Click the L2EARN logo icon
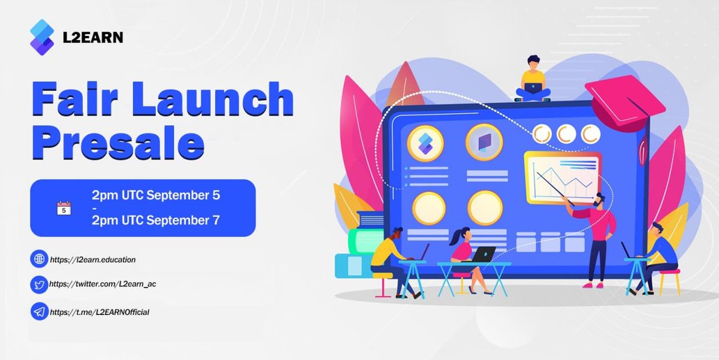tap(42, 37)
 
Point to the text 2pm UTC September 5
tap(156, 196)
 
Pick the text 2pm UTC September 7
tap(156, 220)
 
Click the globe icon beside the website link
tap(40, 259)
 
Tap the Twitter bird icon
tap(40, 285)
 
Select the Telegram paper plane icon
tap(40, 312)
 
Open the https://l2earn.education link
tap(93, 260)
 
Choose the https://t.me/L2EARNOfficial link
tap(99, 312)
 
